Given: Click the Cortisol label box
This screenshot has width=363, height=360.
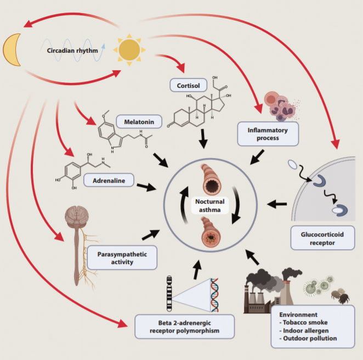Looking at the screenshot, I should click(188, 86).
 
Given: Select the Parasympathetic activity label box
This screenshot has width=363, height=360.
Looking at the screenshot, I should click(122, 257).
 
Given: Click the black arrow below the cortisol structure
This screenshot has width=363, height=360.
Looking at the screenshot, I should click(203, 139).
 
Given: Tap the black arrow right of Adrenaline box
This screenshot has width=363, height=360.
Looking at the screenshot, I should click(146, 187).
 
